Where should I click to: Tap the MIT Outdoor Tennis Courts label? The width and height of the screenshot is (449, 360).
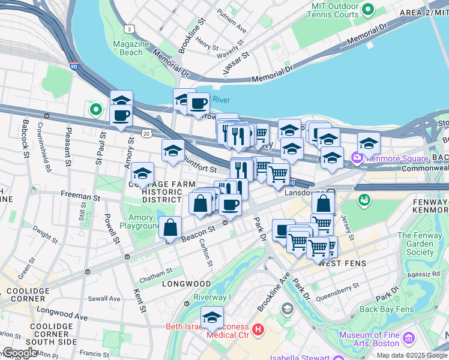pos(335,10)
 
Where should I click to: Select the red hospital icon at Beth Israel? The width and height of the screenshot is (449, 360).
pos(258,329)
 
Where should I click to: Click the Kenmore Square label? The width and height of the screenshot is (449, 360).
pos(393,158)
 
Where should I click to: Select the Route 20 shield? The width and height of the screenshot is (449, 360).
pos(146,133)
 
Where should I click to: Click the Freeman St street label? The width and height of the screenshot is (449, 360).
pos(79,196)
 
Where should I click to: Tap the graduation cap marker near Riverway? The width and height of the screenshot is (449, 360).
pos(212,319)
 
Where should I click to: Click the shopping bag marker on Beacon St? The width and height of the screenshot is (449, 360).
pos(170,228)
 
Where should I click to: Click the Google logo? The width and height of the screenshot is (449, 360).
pos(20,353)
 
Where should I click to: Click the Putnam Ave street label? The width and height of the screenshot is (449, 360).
pos(232,20)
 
